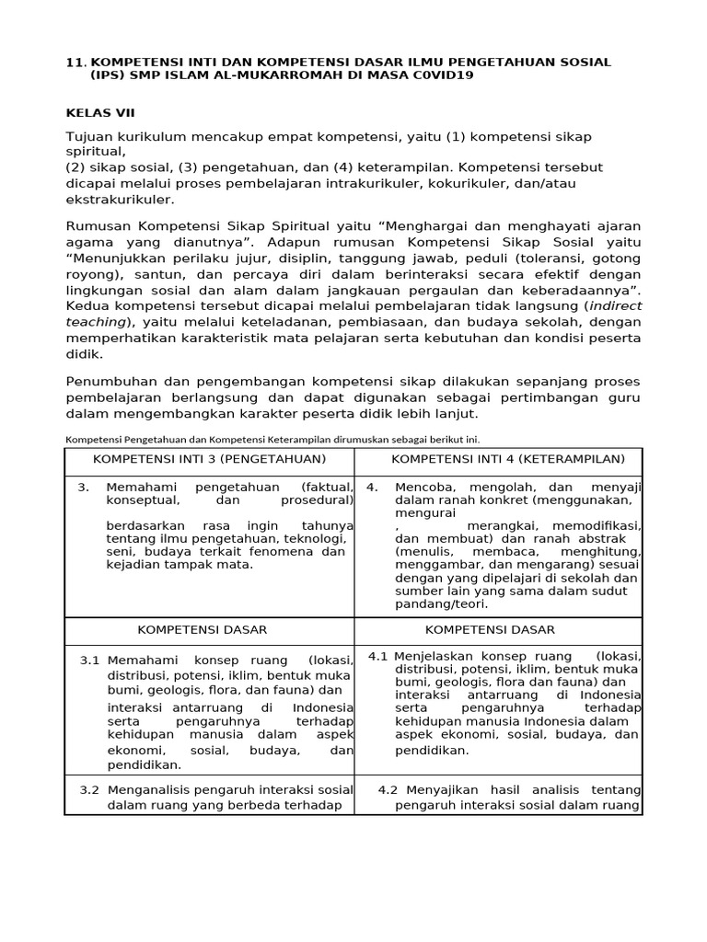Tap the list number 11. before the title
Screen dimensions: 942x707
(x=75, y=62)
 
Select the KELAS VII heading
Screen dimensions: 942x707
(x=100, y=113)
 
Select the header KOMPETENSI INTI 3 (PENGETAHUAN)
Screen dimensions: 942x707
(x=209, y=458)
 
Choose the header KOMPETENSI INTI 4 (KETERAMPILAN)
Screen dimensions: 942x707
(x=508, y=458)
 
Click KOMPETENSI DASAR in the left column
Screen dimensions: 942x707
(x=203, y=630)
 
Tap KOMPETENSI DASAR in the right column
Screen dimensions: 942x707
(x=491, y=630)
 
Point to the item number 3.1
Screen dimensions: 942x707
(x=89, y=661)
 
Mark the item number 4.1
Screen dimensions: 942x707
(x=378, y=656)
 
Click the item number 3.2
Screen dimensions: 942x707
(x=89, y=789)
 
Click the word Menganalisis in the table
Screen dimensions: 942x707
(x=152, y=789)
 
